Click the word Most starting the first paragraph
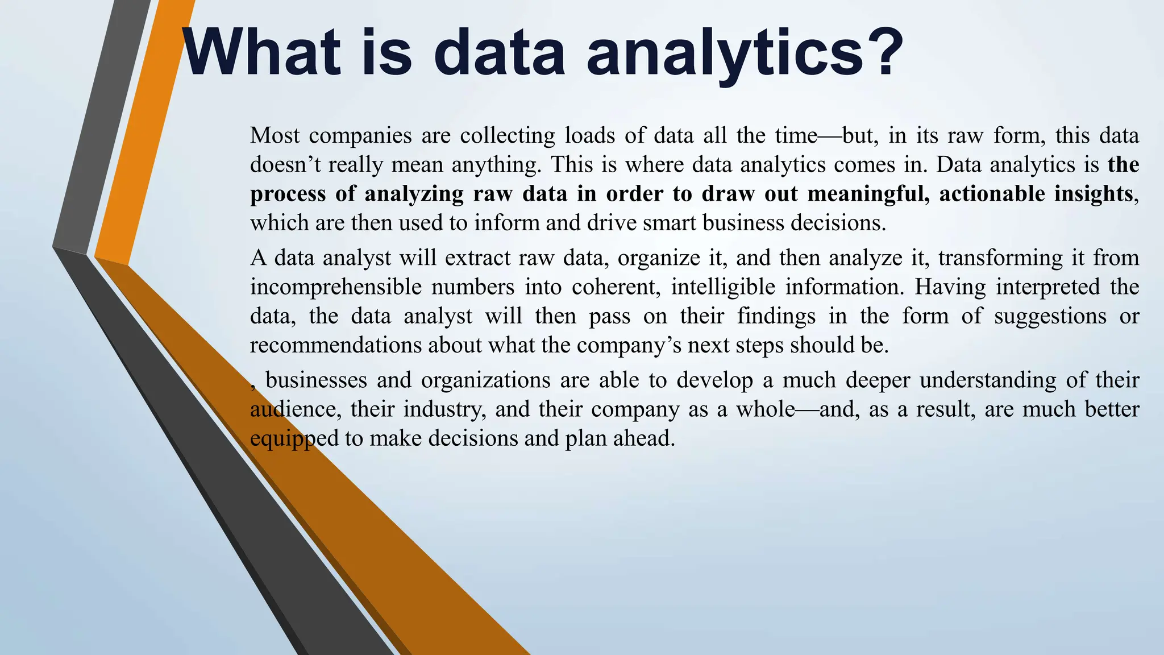(x=275, y=135)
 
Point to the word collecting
(x=508, y=135)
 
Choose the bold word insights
(x=1094, y=194)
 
